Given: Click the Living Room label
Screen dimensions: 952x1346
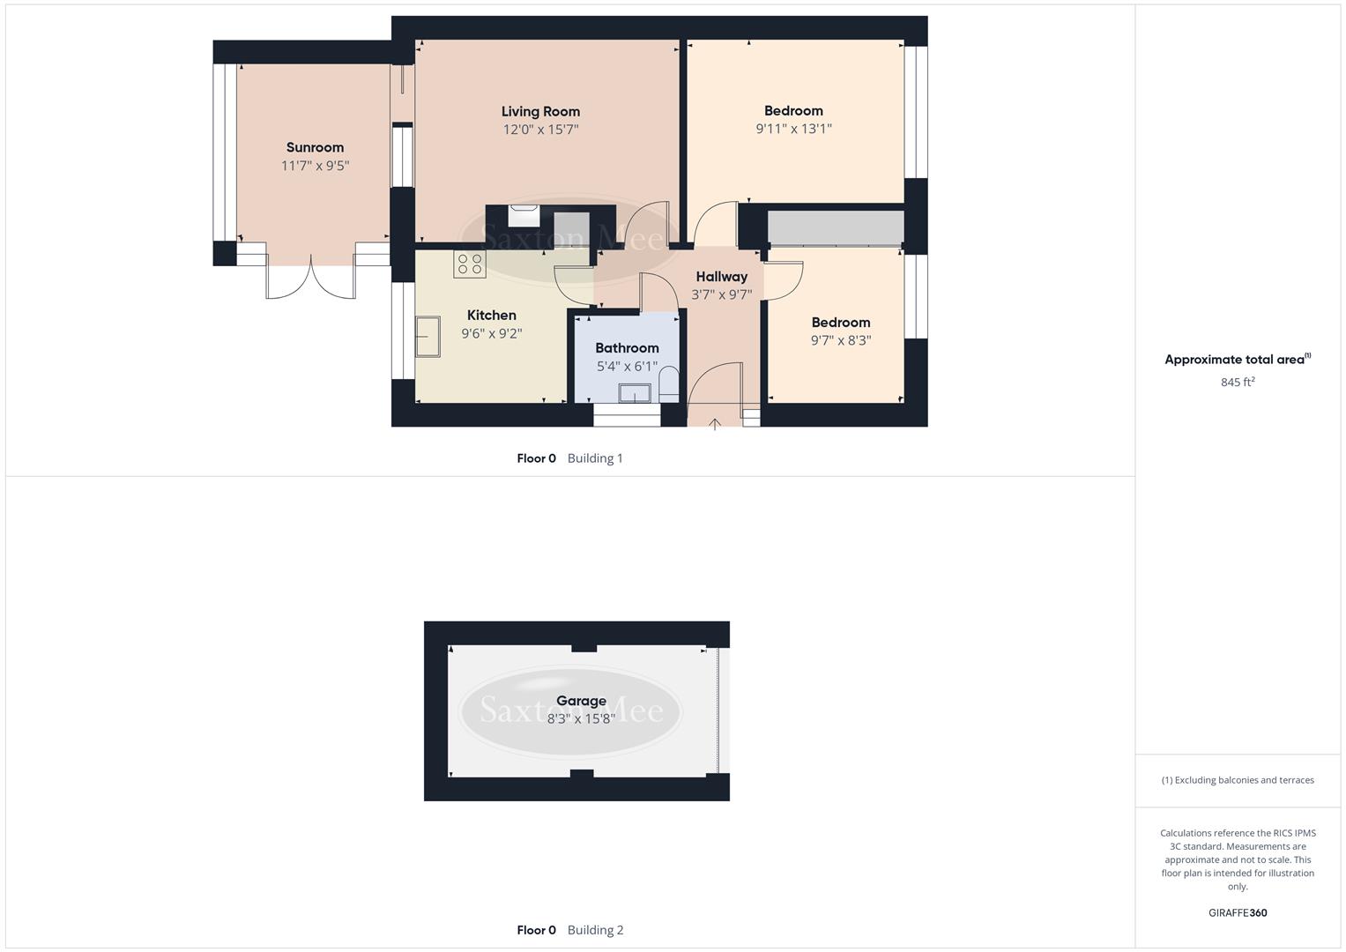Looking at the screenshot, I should point(540,112).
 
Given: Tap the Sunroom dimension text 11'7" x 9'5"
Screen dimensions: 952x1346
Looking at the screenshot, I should point(315,166).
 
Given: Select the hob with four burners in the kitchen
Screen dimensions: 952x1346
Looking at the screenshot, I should point(470,264).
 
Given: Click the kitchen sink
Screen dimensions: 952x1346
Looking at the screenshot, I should point(428,338).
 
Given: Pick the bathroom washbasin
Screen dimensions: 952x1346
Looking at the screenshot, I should point(635,393).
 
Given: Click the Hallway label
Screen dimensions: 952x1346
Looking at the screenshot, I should point(721,277).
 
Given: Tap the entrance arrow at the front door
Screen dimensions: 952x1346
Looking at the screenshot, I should point(715,425).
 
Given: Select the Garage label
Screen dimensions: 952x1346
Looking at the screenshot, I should point(581,701).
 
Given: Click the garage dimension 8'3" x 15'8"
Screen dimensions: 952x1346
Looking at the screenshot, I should point(581,719).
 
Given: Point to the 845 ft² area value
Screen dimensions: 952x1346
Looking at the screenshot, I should point(1238,383).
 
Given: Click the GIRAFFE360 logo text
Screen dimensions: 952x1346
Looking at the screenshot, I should point(1238,913).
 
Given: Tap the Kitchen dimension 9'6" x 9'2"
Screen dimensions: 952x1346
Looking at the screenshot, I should point(492,334).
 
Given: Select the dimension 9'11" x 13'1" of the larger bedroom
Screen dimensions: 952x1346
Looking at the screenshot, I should point(793,129).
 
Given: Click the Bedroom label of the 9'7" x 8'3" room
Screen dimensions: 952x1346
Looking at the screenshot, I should point(841,323).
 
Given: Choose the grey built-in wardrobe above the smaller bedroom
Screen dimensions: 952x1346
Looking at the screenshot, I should point(836,227).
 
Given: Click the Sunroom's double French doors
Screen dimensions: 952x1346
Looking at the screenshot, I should point(311,280).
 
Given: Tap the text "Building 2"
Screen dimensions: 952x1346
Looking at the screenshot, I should point(595,930).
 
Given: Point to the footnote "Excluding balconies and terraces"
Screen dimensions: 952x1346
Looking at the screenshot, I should point(1238,780).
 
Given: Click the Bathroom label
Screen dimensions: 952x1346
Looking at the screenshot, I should point(627,348).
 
